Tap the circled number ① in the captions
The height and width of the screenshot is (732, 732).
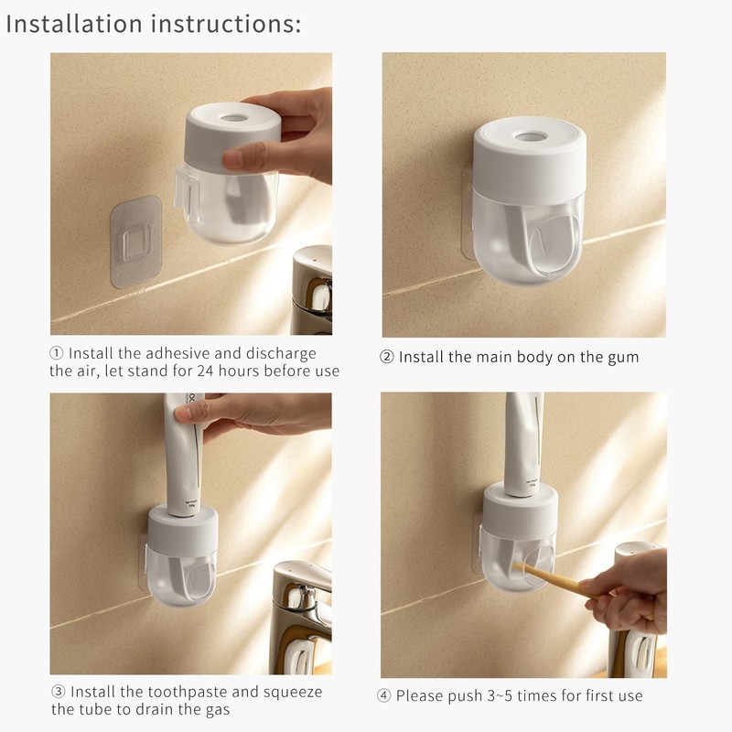(57, 353)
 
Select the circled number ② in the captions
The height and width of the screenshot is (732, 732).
(387, 357)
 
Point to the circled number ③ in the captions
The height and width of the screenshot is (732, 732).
(58, 692)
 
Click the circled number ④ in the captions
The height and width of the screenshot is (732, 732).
(385, 695)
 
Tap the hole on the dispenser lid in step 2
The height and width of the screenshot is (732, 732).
(530, 137)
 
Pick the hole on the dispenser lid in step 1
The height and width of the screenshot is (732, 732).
(234, 119)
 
